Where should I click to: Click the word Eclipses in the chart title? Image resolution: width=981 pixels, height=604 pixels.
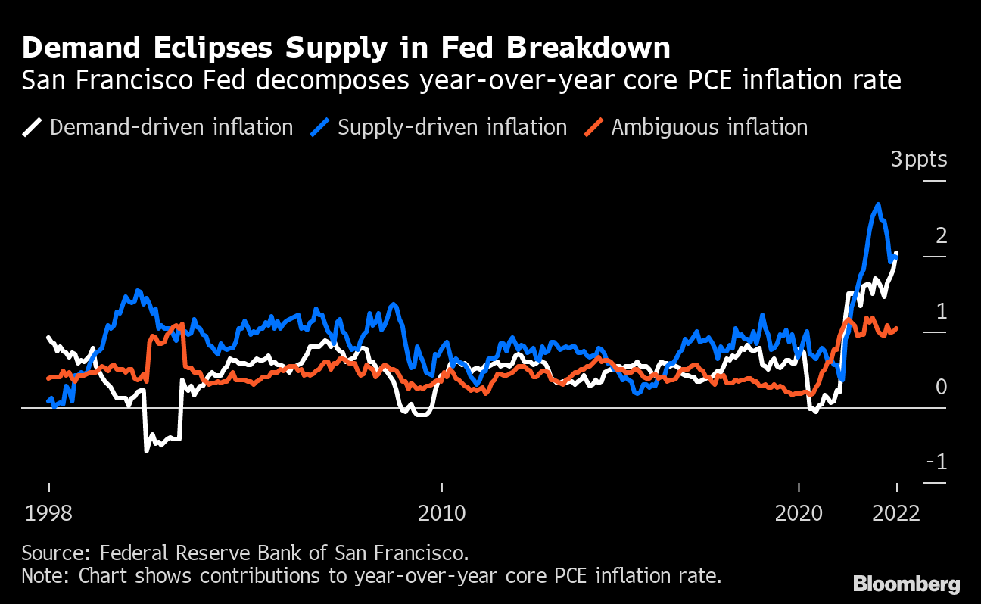214,48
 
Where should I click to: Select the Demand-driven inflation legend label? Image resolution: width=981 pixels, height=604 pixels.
171,127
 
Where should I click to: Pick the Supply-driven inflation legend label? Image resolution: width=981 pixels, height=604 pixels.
452,127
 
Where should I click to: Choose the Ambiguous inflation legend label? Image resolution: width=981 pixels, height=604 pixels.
709,127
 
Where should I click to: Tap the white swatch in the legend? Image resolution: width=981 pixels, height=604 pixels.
33,127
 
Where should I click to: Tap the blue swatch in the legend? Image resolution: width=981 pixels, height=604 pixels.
321,127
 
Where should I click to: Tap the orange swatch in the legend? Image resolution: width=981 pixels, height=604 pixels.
594,127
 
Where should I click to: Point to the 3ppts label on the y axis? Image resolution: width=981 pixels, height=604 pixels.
918,160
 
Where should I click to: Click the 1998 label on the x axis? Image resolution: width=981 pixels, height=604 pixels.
48,513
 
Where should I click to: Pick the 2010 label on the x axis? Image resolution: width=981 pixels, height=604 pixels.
441,513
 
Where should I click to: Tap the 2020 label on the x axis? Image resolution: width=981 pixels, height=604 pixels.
799,513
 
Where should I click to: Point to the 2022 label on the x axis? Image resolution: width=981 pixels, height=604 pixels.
896,513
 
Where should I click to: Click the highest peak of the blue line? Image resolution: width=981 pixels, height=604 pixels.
877,204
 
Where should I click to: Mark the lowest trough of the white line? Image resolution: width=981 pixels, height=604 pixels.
146,450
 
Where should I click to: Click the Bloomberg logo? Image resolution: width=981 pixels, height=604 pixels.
906,584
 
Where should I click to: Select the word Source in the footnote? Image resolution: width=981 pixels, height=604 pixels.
48,551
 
